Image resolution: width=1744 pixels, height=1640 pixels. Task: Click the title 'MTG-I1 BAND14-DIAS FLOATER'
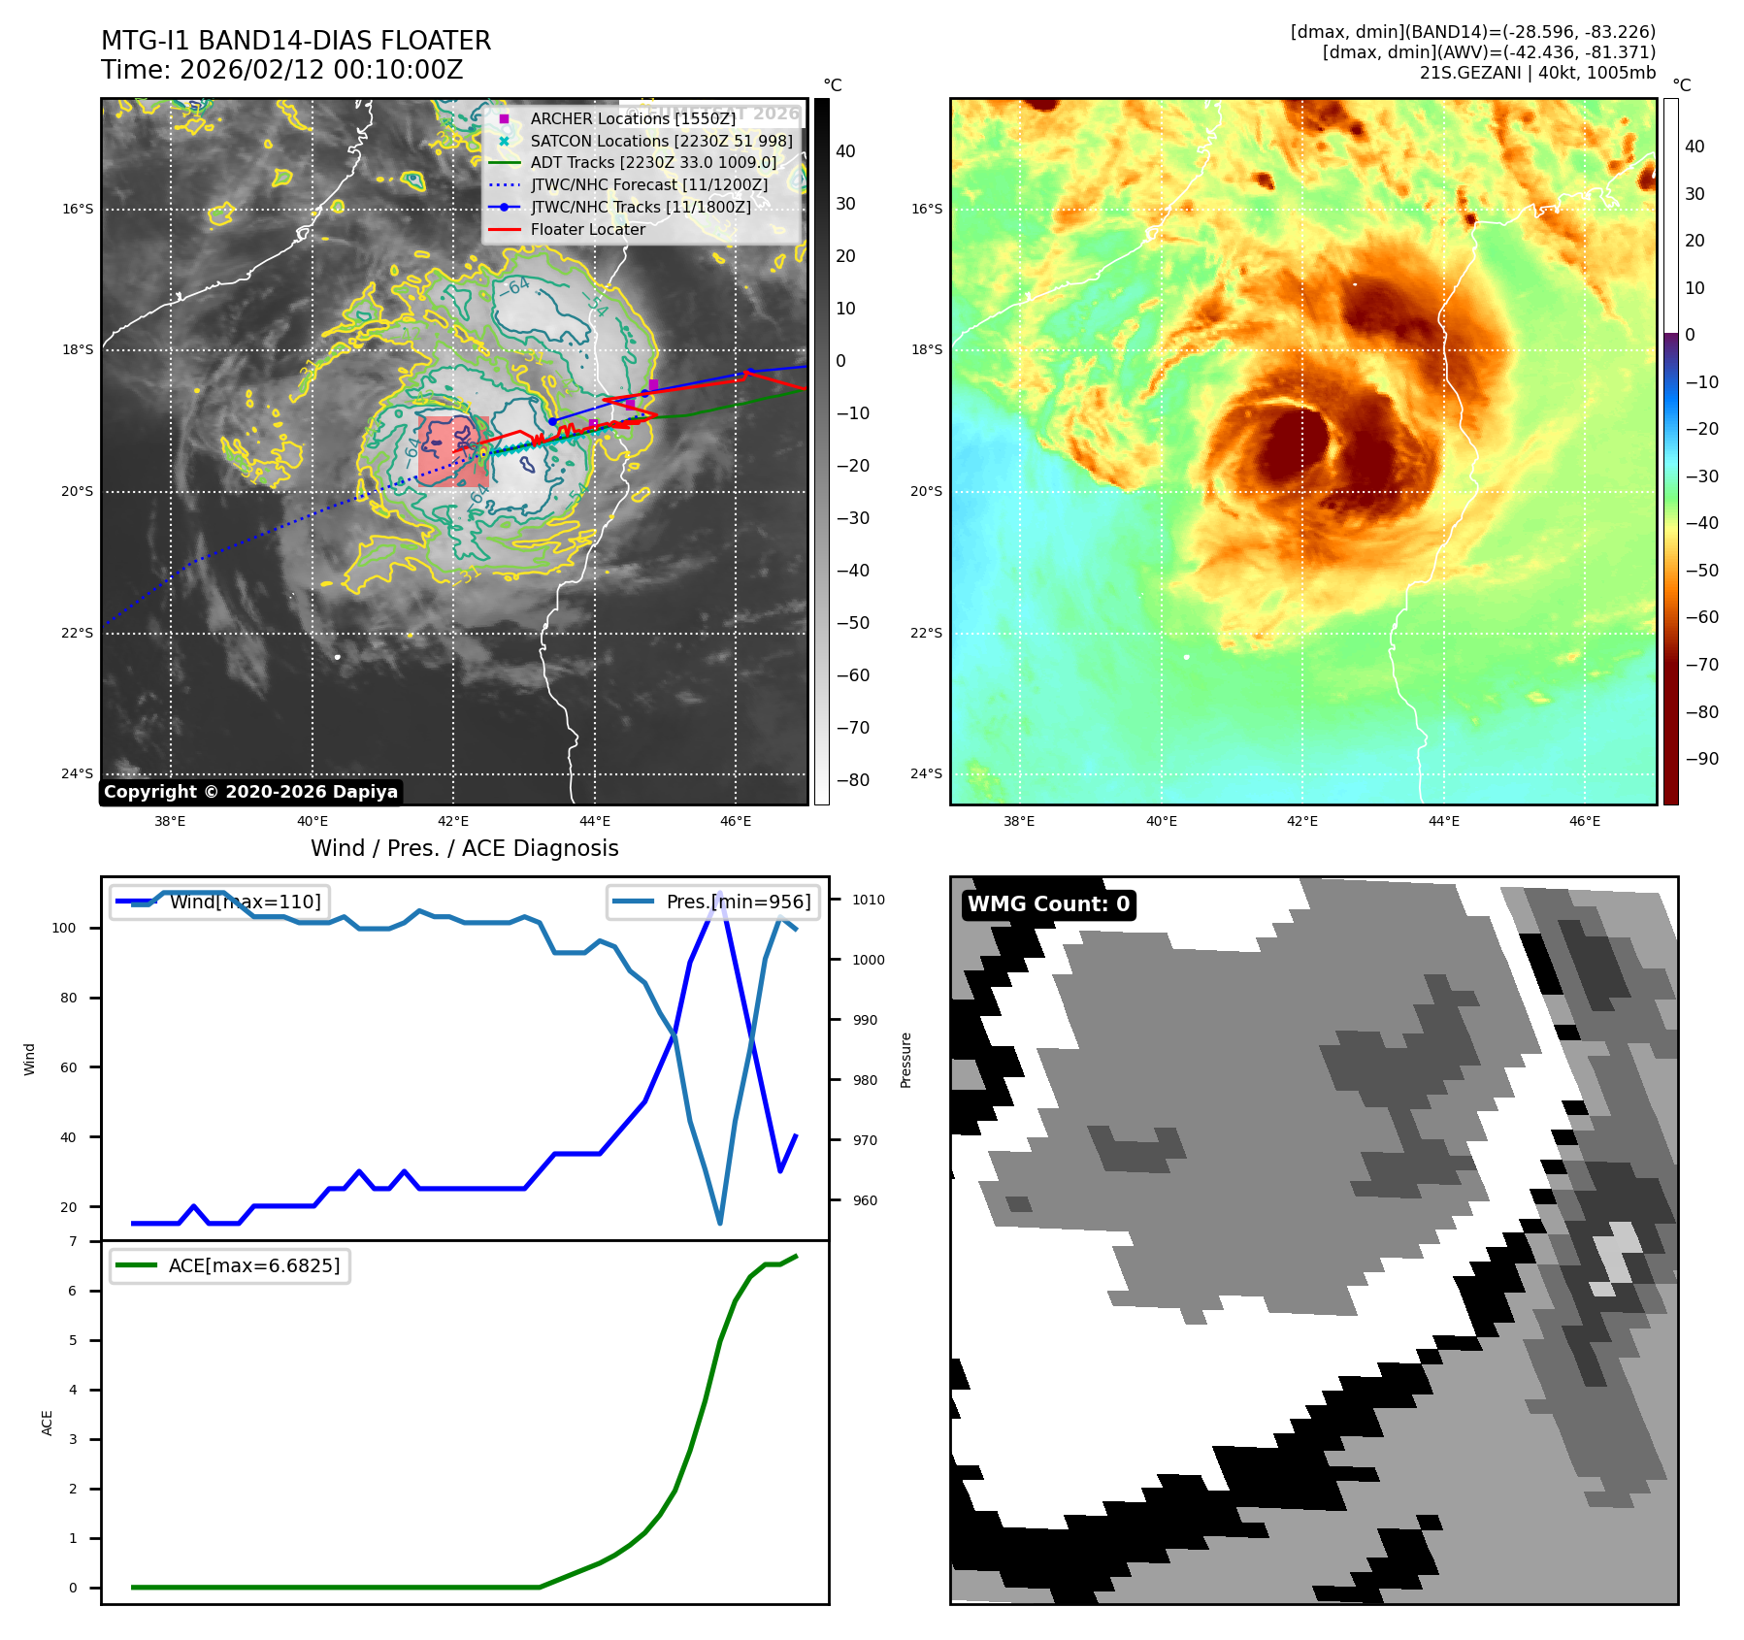[296, 41]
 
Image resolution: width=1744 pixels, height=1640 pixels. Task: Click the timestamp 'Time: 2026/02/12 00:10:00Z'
[281, 70]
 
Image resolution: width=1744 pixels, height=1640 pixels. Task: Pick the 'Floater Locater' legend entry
[587, 229]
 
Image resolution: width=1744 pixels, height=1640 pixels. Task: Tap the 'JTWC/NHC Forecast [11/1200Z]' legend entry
[648, 184]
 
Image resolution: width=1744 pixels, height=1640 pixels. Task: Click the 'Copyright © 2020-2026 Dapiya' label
[250, 792]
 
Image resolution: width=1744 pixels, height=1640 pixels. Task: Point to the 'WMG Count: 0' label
[1048, 904]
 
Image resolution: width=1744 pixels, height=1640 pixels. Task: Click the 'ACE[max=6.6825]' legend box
[231, 1265]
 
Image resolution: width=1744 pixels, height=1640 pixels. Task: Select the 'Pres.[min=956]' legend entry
[714, 902]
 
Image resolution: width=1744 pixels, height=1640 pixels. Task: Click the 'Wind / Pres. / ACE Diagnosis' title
[464, 848]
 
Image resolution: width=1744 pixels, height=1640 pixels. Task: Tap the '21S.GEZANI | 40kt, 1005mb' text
[1537, 73]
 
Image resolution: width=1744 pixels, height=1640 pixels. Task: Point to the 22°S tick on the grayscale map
[78, 633]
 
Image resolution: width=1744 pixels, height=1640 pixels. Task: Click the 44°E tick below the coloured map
[1443, 821]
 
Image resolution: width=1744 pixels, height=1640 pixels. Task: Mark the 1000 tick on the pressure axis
[869, 960]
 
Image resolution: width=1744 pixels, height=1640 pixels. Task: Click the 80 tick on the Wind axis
[68, 998]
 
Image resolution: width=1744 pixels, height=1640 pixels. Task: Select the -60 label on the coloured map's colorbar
[1701, 617]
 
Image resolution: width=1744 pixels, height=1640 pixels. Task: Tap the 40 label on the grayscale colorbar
[845, 151]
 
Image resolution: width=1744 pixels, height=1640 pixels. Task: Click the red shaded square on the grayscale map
[452, 451]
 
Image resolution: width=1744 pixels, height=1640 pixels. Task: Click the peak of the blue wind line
[719, 893]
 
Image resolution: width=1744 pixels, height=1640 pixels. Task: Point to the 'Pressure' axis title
[905, 1060]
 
